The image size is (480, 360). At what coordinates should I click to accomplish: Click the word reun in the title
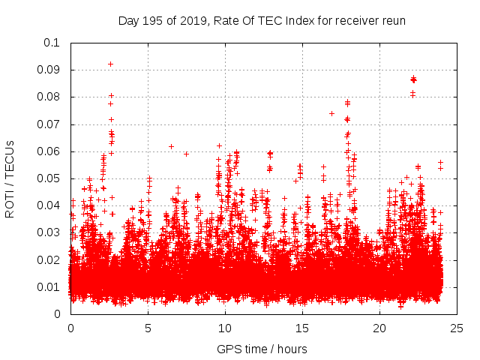[393, 20]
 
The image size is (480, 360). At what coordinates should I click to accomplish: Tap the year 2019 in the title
[193, 20]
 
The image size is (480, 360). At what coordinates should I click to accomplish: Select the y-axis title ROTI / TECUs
[10, 178]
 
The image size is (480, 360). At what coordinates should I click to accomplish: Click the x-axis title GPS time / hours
[262, 349]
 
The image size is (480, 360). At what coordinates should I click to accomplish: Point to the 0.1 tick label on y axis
[52, 43]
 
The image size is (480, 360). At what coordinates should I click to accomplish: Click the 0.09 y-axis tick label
[49, 70]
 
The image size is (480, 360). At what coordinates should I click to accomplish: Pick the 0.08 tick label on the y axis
[49, 97]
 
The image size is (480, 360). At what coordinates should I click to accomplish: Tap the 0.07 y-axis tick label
[49, 124]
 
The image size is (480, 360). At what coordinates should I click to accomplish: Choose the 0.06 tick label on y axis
[49, 151]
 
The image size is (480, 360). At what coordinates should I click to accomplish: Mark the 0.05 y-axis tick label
[49, 178]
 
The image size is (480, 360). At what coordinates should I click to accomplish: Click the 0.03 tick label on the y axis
[49, 232]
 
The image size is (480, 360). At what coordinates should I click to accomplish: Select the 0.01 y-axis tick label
[49, 287]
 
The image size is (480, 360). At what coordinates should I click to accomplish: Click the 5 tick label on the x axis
[148, 328]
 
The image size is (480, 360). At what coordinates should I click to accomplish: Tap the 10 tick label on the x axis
[225, 328]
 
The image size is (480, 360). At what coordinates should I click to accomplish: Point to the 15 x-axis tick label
[302, 328]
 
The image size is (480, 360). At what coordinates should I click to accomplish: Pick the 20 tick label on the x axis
[379, 328]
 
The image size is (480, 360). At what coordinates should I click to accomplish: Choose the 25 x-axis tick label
[457, 328]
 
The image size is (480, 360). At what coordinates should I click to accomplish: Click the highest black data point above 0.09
[111, 64]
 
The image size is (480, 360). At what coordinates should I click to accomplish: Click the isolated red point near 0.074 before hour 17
[331, 113]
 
